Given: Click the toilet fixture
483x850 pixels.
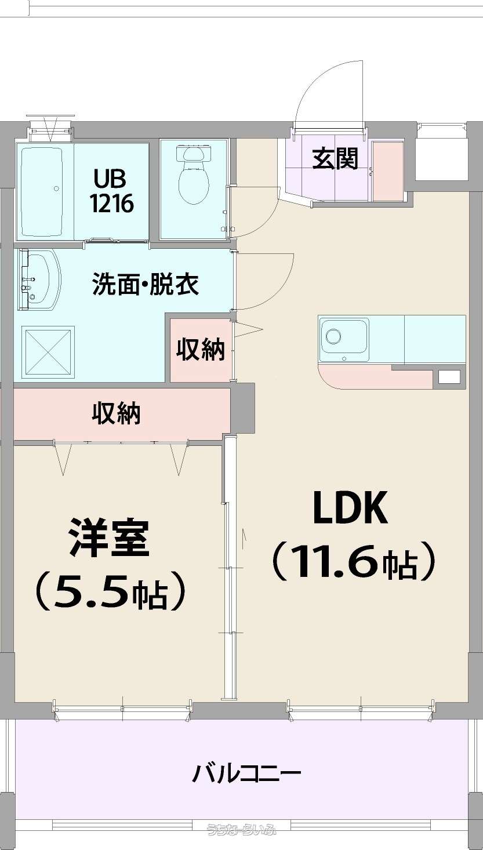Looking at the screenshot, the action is point(194,174).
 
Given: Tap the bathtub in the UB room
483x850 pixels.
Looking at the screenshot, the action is point(42,192).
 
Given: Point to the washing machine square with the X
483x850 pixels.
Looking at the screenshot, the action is point(48,352).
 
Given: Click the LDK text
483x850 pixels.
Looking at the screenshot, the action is point(350,508).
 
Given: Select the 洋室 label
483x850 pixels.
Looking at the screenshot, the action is point(108,539).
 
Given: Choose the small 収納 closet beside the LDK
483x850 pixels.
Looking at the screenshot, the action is point(201,350).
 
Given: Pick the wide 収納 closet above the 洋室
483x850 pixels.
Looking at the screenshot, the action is point(121,413).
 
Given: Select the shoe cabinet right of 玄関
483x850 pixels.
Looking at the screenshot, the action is point(388,171).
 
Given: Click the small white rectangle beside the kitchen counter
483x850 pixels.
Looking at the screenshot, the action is point(449,377).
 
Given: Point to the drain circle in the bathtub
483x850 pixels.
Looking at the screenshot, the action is point(56,188).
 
